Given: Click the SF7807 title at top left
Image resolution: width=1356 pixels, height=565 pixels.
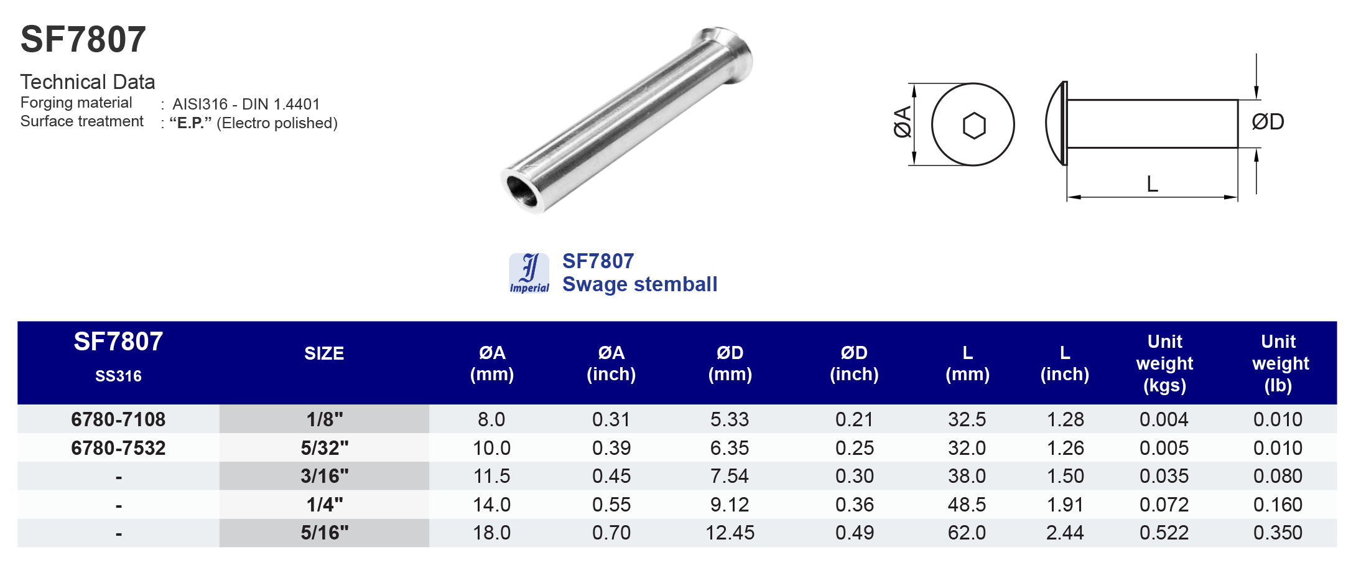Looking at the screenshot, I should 83,40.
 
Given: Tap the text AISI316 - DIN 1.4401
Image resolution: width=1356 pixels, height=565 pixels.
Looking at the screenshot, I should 246,104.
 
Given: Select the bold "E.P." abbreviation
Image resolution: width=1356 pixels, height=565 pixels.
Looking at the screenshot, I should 190,123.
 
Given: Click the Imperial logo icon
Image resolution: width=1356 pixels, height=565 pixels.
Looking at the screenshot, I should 529,273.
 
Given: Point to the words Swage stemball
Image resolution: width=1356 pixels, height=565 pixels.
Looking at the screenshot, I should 639,284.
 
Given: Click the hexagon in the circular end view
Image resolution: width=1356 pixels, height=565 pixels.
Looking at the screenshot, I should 973,126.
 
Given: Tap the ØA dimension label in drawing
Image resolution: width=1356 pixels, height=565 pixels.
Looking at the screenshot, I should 902,121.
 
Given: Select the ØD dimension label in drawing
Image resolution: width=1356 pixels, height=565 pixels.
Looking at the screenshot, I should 1268,122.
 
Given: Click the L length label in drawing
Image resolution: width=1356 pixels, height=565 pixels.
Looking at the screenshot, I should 1152,184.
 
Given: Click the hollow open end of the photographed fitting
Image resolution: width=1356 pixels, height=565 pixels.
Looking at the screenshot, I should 521,191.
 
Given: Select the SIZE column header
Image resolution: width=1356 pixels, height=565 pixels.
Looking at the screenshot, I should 324,353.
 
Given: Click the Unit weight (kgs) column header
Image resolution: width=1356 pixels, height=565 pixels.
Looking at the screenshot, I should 1164,363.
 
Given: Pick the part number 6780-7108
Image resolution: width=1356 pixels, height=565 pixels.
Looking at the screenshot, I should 118,419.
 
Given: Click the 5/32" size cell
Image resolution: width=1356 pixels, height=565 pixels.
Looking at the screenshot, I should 324,448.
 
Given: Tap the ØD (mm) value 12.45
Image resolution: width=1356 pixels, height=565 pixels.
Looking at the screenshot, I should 730,533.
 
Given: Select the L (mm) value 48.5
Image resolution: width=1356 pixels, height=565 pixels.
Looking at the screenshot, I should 967,505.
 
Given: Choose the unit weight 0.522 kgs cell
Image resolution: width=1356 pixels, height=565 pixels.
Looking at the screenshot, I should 1164,533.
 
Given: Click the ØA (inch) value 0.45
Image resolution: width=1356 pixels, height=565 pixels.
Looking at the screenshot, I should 611,477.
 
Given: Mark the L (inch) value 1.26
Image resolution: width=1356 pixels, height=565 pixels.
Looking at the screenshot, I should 1065,448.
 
